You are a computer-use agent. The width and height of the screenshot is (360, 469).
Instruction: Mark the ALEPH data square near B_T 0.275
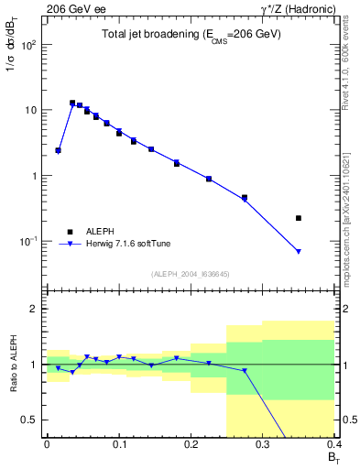pyautogui.click(x=245, y=197)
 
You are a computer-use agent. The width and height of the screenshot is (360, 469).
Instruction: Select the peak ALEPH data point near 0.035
pyautogui.click(x=72, y=103)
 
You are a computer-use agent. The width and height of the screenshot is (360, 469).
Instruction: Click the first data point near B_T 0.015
pyautogui.click(x=58, y=150)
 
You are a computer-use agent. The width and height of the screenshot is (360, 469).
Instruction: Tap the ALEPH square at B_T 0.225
pyautogui.click(x=209, y=179)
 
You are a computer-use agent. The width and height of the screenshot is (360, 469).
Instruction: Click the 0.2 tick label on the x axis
pyautogui.click(x=191, y=444)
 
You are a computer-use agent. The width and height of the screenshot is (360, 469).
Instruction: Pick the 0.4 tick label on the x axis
pyautogui.click(x=333, y=444)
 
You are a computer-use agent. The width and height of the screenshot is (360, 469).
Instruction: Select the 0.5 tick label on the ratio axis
pyautogui.click(x=32, y=420)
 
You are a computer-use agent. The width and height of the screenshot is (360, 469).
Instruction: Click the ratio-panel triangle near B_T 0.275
pyautogui.click(x=245, y=371)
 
